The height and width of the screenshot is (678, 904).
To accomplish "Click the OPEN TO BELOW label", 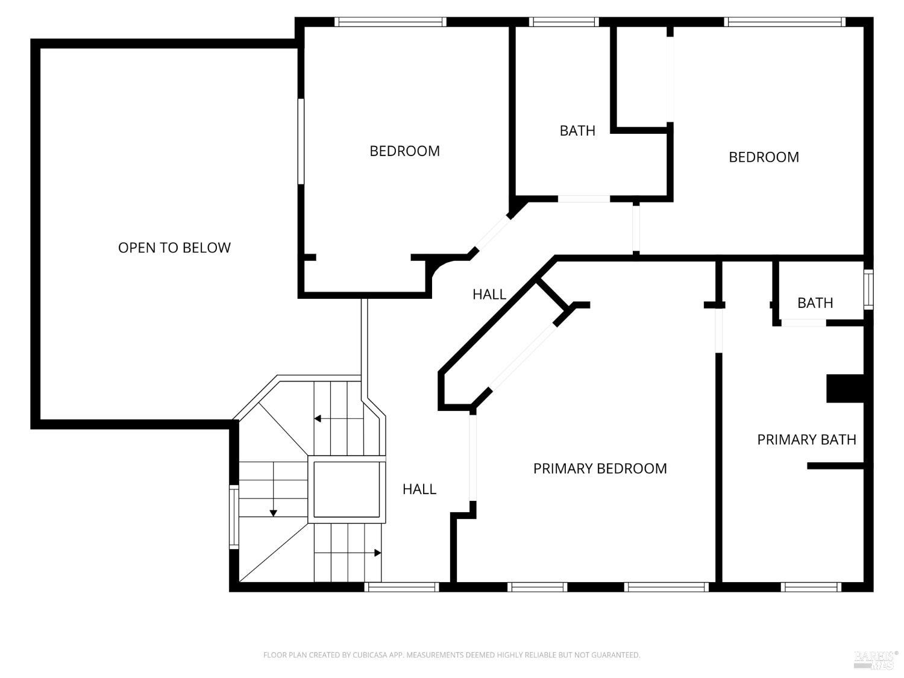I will [x=174, y=248].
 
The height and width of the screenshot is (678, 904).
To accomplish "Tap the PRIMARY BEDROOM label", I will [x=600, y=468].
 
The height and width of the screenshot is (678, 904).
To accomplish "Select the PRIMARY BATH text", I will [x=806, y=439].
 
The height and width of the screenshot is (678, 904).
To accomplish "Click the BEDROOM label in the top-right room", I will [x=764, y=157].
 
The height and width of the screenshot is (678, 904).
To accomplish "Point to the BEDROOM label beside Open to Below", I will [x=404, y=151].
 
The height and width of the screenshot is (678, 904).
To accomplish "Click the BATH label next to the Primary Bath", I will [x=815, y=303].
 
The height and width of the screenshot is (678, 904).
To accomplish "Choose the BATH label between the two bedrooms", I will [x=577, y=130].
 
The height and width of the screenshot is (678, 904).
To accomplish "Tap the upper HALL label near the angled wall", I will [x=489, y=294].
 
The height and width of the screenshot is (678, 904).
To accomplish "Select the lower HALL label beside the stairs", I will [x=419, y=489].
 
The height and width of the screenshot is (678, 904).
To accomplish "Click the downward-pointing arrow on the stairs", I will [x=273, y=512].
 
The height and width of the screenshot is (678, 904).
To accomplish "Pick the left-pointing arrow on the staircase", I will [x=318, y=418].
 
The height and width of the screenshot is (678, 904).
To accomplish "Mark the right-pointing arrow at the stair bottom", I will [x=377, y=553].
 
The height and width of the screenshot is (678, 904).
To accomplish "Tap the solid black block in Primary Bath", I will [x=845, y=388].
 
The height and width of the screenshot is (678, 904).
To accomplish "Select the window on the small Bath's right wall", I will [x=868, y=289].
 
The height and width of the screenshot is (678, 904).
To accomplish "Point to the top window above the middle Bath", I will [x=563, y=22].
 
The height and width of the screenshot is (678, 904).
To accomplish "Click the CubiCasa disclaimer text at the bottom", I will [x=451, y=654].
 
